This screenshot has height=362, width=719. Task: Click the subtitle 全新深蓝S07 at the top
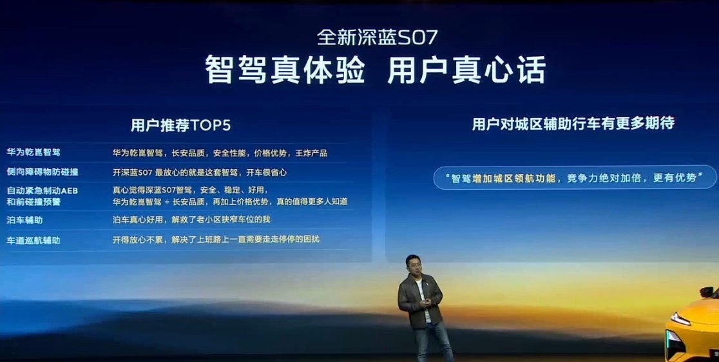tap(377, 37)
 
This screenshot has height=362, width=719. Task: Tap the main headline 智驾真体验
tap(285, 70)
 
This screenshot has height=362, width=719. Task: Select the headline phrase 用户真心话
tap(467, 70)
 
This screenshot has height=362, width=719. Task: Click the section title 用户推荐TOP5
tap(180, 125)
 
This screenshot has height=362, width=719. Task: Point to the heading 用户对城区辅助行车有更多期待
tap(573, 124)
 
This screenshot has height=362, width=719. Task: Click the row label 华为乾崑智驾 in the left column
tap(34, 152)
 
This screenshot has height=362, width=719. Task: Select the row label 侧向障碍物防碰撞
tap(42, 172)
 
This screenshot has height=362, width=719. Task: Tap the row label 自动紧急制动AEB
tap(42, 190)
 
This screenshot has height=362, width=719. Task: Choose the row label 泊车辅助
tap(24, 220)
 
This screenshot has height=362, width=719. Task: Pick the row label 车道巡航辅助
tap(34, 240)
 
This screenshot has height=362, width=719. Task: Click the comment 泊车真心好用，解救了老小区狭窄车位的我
tap(191, 219)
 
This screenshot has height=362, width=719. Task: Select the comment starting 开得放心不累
tap(216, 239)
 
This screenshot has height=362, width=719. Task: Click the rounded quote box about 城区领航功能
tap(575, 178)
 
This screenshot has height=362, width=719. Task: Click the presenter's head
tap(413, 264)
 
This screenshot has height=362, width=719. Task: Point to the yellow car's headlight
tap(680, 318)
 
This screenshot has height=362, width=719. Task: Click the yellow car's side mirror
tap(706, 292)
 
